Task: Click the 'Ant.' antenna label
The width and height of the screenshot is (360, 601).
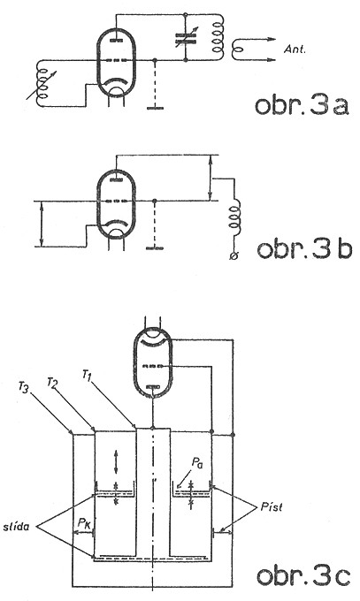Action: click(295, 49)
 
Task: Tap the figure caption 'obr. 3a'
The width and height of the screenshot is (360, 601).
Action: click(302, 105)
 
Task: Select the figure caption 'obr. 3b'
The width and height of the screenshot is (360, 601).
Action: click(304, 248)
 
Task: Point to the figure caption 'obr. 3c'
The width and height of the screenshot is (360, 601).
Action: click(303, 576)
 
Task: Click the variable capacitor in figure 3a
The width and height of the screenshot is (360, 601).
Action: click(186, 37)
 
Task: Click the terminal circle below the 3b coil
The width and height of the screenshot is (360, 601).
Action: click(234, 255)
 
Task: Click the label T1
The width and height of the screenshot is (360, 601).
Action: click(88, 374)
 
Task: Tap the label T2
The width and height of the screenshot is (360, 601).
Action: click(52, 382)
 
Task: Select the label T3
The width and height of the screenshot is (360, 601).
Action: click(24, 386)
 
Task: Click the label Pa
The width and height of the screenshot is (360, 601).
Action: click(197, 464)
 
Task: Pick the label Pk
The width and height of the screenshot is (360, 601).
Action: click(84, 522)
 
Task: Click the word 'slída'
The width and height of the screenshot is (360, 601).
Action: click(16, 527)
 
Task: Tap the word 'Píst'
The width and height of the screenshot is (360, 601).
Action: click(272, 506)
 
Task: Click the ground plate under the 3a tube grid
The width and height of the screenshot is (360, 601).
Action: click(155, 108)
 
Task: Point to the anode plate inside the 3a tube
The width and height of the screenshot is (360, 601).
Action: click(116, 40)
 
